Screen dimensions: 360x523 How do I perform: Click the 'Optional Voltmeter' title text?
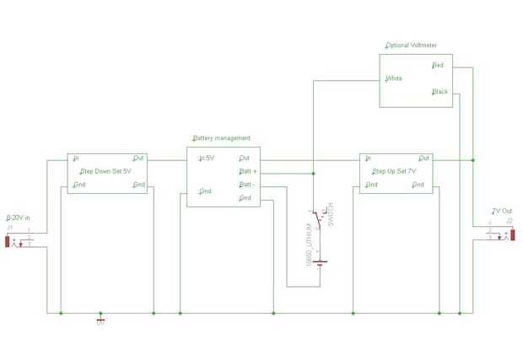411,45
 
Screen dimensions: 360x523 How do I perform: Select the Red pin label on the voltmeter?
438,65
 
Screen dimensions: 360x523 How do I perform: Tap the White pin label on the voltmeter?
393,78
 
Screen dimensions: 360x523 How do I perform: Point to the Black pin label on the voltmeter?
439,92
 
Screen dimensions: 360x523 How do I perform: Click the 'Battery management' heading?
221,137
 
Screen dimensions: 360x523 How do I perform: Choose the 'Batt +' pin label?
248,171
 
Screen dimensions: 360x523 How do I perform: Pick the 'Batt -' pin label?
247,185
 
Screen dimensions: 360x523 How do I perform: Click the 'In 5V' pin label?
205,158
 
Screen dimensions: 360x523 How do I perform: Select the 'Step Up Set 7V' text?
396,171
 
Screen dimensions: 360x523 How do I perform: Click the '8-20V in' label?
18,218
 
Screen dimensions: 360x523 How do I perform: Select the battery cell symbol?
320,262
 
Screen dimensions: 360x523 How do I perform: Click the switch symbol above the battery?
317,221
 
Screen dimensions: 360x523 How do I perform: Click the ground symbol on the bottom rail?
101,318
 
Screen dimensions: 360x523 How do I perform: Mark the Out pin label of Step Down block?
138,158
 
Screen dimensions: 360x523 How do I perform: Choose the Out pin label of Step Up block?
423,158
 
